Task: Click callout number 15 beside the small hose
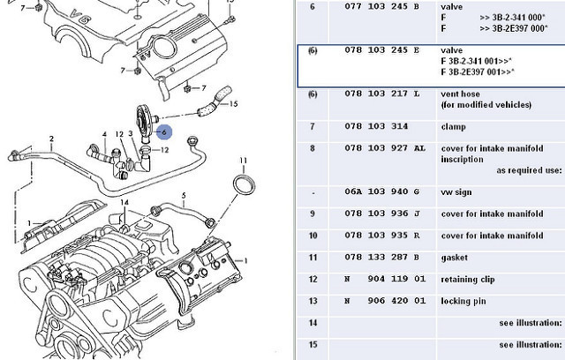tap(233, 105)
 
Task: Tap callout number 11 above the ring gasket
tap(243, 161)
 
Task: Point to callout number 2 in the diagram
tap(52, 139)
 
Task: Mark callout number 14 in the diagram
tap(125, 203)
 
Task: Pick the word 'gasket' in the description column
tap(456, 257)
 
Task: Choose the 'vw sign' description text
tap(459, 192)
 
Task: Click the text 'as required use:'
tap(528, 171)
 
